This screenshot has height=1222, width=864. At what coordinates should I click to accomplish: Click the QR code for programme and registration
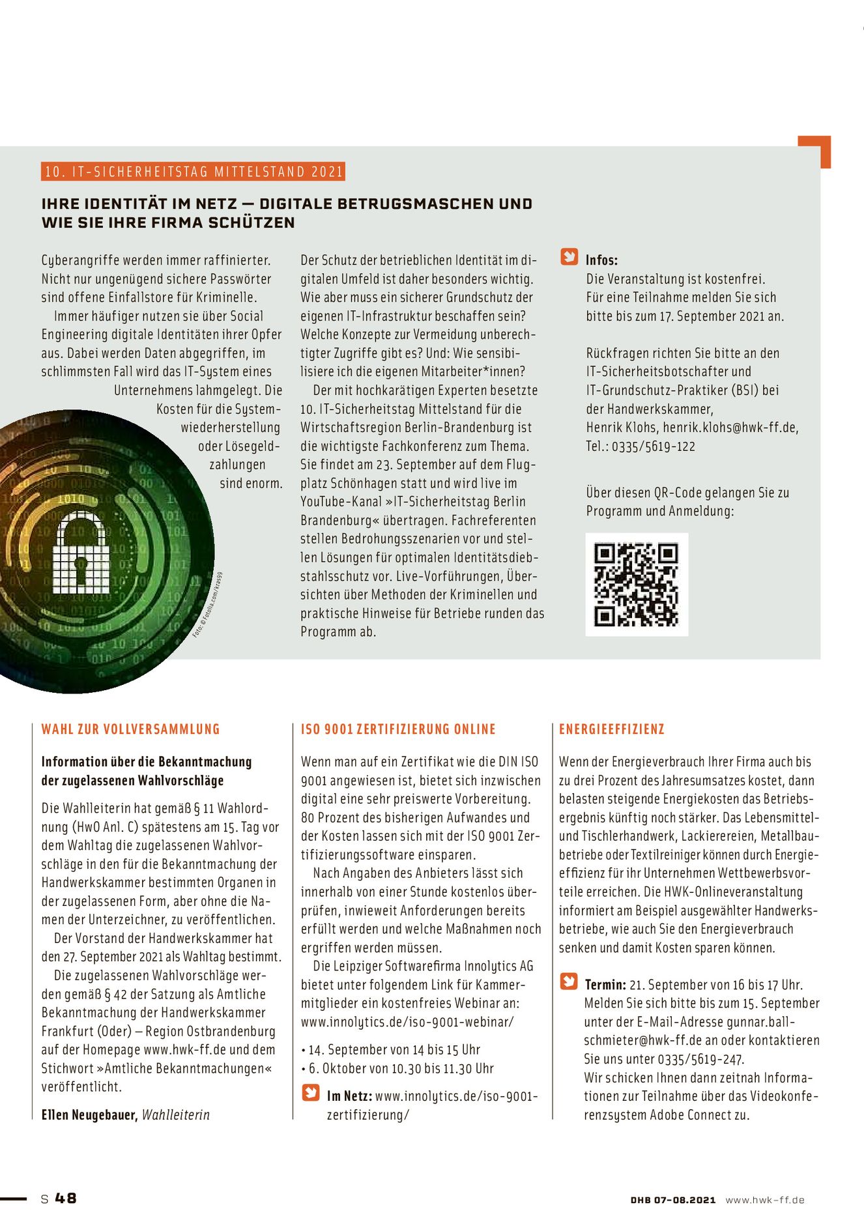(637, 584)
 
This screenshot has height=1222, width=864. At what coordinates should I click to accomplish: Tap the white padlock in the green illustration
(81, 553)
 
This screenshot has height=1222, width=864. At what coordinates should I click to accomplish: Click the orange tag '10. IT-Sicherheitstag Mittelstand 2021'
(194, 171)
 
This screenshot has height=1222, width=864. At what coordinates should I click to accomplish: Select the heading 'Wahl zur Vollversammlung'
(130, 729)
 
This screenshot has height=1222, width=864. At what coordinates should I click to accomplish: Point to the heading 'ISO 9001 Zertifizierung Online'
(398, 729)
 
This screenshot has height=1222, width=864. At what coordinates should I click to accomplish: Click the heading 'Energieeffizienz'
(611, 729)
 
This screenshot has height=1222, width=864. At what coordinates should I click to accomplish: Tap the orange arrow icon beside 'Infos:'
(569, 257)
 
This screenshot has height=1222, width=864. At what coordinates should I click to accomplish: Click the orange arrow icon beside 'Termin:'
(569, 982)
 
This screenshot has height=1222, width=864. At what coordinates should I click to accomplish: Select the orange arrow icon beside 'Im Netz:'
(311, 1093)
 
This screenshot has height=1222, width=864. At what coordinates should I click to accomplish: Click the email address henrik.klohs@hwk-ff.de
(730, 428)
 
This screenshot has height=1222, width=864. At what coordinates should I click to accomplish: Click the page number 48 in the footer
(65, 1198)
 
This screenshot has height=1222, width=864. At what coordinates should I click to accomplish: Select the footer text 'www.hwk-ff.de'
(765, 1200)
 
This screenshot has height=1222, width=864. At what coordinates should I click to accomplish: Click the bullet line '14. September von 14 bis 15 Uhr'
(394, 1049)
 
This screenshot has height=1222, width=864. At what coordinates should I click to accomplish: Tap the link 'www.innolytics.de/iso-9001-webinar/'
(407, 1022)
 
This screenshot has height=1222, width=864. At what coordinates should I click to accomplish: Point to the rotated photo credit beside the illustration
(209, 604)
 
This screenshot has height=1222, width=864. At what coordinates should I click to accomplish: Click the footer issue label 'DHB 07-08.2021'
(672, 1200)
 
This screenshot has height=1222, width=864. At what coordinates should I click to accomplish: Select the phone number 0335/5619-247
(700, 1059)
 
